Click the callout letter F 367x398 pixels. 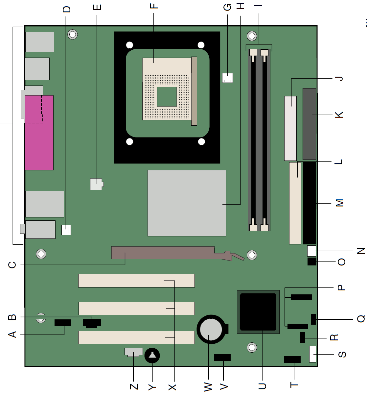tap(154, 6)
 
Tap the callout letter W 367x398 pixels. tap(208, 386)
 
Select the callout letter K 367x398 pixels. tap(339, 115)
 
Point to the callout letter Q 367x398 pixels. tap(361, 319)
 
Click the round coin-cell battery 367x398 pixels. tap(211, 329)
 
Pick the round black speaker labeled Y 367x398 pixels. tap(152, 356)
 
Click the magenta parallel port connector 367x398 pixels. tap(39, 133)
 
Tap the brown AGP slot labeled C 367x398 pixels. tap(163, 253)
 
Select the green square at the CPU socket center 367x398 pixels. tap(167, 97)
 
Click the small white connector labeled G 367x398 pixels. tap(227, 78)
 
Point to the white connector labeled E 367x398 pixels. tap(97, 184)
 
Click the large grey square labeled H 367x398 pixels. tap(187, 203)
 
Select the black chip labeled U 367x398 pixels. tap(258, 312)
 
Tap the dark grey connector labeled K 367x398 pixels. tap(309, 124)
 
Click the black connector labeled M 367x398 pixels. tap(310, 203)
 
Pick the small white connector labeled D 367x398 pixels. tap(66, 230)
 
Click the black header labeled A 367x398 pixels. tap(63, 323)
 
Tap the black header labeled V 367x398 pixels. tap(222, 358)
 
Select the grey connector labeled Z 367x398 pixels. tap(133, 352)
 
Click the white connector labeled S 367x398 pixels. tap(312, 354)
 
